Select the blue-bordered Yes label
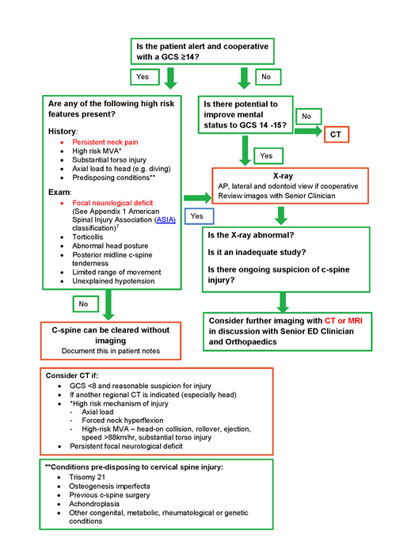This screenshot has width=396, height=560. coord(198,215)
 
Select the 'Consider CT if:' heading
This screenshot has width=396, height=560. coord(82,373)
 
